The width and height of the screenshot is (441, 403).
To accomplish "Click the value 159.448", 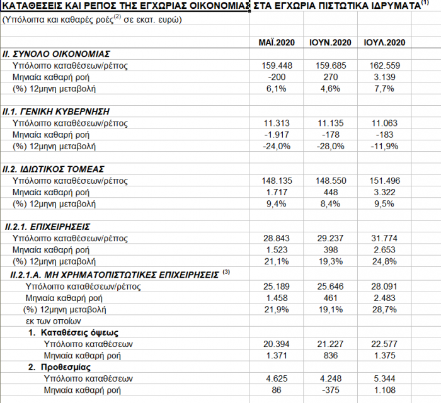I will pyautogui.click(x=277, y=65).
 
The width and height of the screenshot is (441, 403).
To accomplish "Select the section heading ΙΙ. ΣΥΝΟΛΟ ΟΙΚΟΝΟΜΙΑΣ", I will pyautogui.click(x=57, y=54).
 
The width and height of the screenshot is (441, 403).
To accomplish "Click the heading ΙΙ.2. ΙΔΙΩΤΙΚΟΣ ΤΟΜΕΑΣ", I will pyautogui.click(x=54, y=169).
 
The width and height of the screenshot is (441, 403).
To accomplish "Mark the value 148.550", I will pyautogui.click(x=330, y=181).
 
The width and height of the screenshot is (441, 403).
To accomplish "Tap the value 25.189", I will pyautogui.click(x=277, y=287).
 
